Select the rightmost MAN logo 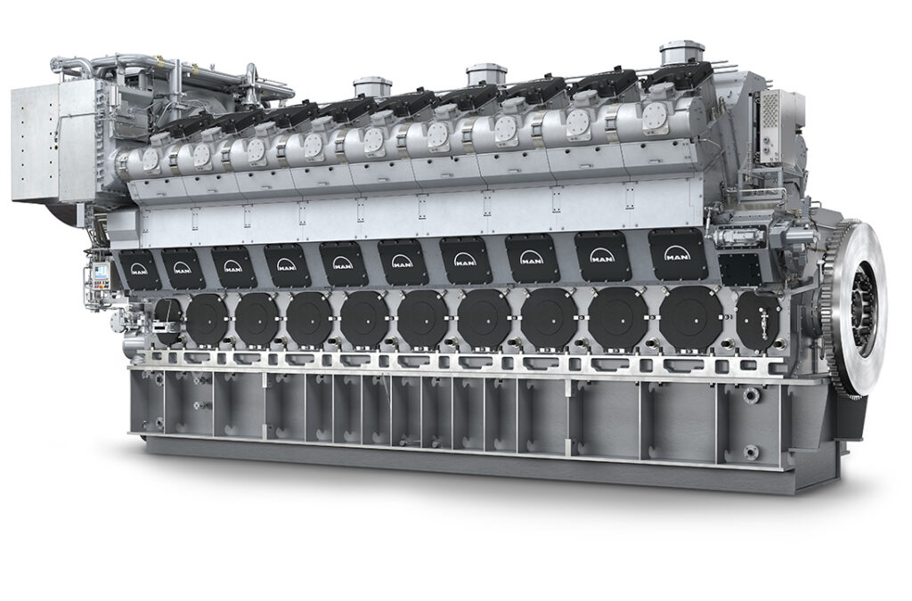pyautogui.click(x=677, y=256)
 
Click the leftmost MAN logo pyautogui.click(x=138, y=269)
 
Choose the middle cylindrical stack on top pyautogui.click(x=486, y=75)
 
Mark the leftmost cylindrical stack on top pyautogui.click(x=372, y=87)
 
